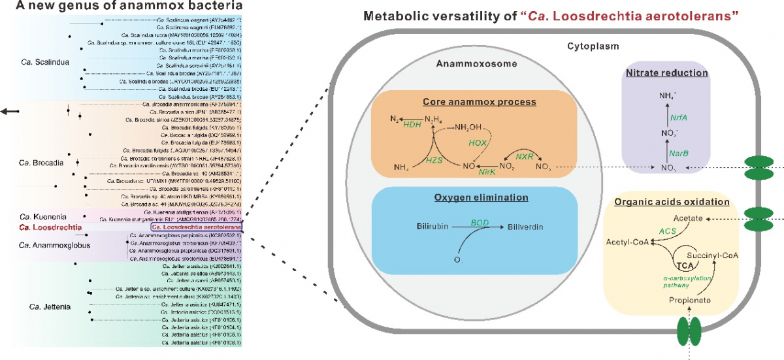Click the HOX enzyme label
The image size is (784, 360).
(480, 142)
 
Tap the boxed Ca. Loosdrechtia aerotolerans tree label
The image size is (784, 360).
(197, 227)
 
